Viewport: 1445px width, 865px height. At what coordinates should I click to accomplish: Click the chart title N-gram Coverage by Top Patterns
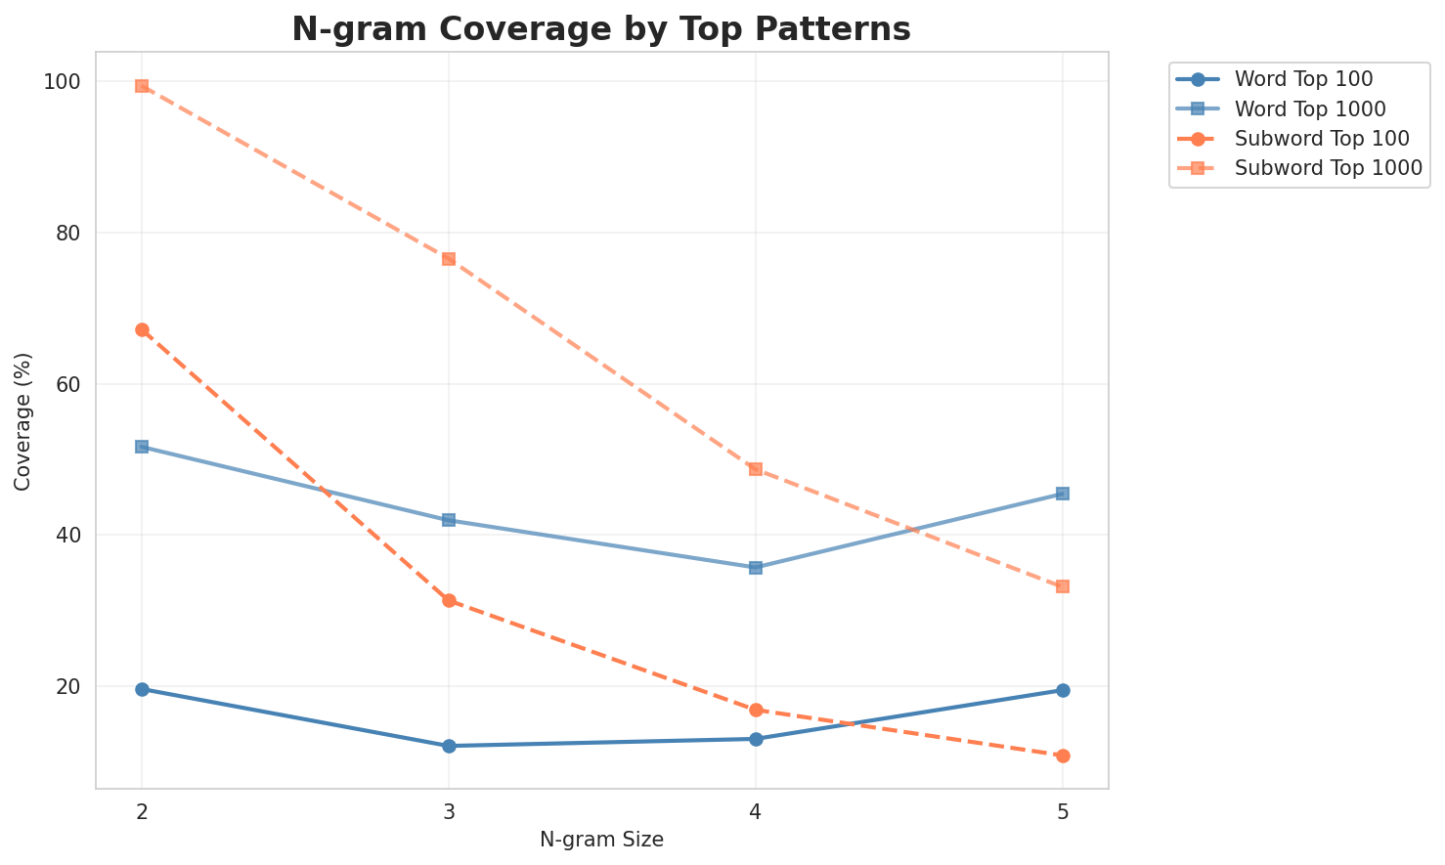point(601,29)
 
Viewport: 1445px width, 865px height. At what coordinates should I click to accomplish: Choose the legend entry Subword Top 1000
point(1328,167)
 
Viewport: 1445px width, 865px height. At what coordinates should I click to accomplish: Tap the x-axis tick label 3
point(449,811)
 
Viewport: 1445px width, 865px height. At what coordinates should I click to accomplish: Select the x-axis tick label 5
point(1063,811)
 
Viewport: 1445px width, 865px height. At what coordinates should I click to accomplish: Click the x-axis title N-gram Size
point(601,840)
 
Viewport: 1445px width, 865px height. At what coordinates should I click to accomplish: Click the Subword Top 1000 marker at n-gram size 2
point(142,86)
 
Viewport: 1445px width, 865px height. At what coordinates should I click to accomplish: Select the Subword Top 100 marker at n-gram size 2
point(142,330)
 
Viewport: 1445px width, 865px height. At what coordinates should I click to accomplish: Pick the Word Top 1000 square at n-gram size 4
point(756,568)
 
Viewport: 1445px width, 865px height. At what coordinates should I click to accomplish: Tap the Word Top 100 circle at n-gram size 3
point(449,746)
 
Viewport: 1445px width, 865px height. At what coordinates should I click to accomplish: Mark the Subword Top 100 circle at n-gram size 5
point(1063,756)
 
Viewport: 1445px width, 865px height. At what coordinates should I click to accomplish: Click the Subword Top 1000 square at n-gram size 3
point(449,259)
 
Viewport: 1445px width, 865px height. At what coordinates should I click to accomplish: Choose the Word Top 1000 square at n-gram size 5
point(1063,494)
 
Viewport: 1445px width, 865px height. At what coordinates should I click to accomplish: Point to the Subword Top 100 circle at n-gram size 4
point(756,710)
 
